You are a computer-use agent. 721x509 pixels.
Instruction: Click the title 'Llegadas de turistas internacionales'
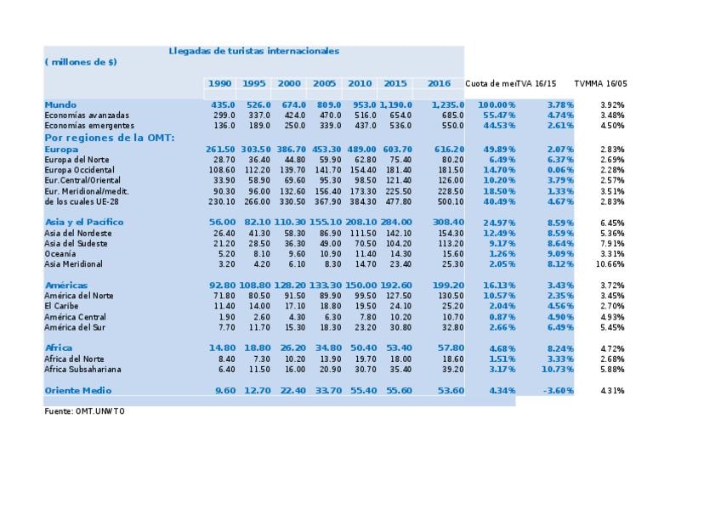(253, 51)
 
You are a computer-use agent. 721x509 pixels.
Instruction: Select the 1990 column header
(219, 83)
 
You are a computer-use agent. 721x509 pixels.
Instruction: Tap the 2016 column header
(439, 83)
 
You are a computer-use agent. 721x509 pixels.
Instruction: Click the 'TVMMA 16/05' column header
(600, 83)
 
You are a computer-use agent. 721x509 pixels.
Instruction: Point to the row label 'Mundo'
(60, 105)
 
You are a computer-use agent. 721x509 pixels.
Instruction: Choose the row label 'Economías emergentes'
(89, 126)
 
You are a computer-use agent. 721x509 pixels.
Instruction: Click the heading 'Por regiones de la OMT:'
(109, 137)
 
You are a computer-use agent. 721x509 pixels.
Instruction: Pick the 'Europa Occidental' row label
(82, 170)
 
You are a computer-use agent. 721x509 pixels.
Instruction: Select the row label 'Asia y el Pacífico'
(84, 222)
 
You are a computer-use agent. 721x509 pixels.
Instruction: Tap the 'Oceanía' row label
(60, 253)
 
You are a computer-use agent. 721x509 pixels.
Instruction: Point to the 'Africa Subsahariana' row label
(82, 369)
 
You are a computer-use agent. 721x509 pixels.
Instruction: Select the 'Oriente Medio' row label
(78, 390)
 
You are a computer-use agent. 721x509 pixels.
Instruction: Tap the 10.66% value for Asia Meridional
(611, 263)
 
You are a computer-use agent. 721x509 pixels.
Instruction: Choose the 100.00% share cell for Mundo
(497, 105)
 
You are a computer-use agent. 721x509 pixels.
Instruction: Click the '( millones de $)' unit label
(81, 62)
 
